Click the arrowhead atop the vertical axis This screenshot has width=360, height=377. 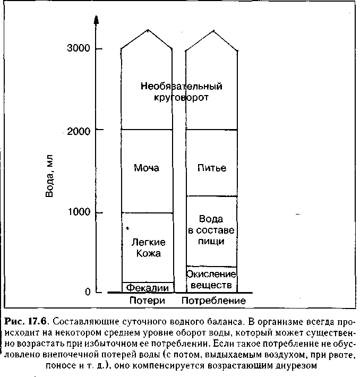96,20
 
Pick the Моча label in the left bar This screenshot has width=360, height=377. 147,168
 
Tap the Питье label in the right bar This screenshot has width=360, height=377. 212,168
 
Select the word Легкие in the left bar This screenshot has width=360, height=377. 148,243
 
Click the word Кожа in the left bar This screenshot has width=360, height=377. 148,254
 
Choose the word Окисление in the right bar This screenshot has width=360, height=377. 211,273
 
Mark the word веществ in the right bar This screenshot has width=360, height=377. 211,285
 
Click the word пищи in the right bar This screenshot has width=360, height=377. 211,241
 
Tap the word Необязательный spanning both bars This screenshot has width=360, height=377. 182,86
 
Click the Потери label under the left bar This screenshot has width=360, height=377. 148,301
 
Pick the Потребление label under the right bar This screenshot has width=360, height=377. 213,301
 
